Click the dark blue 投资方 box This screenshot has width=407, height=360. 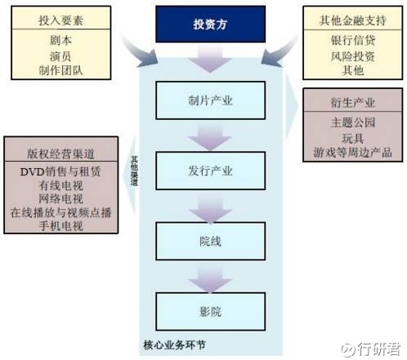point(210,24)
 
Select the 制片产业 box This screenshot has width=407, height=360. point(210,100)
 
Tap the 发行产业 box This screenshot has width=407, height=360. point(210,171)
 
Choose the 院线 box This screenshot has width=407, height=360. point(210,241)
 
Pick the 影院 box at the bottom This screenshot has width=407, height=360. point(210,312)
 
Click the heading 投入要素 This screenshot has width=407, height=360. point(60,20)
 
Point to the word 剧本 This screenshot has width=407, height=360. point(60,40)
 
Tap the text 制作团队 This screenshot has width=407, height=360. point(60,70)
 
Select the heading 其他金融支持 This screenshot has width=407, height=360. point(353,20)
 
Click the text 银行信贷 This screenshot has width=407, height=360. point(353,40)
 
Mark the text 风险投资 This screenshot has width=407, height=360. point(353,56)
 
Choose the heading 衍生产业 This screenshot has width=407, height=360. point(353,103)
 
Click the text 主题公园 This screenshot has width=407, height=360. point(353,122)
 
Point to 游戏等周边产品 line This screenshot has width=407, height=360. point(353,153)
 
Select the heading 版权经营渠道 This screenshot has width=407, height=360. point(60,153)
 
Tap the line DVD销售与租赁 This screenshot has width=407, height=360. point(60,171)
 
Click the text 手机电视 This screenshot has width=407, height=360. point(60,226)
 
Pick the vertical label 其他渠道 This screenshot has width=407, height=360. point(134,171)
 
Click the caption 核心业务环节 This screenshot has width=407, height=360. point(174,345)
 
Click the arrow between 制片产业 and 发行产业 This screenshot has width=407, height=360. point(210,136)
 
